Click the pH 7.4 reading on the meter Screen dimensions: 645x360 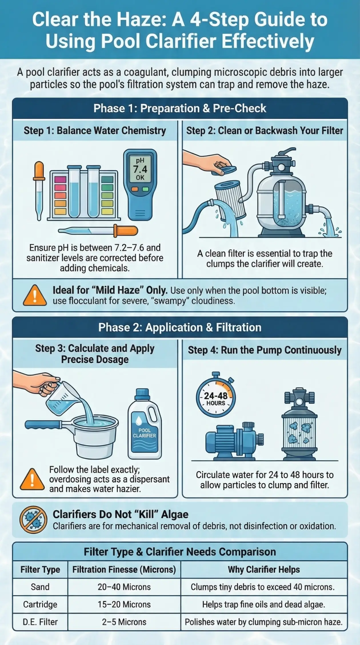pos(140,169)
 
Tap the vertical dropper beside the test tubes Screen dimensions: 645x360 pos(39,191)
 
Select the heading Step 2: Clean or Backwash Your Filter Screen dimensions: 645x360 pos(265,131)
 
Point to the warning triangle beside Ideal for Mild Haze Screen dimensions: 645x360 pos(35,296)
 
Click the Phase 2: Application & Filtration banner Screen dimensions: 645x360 pos(180,327)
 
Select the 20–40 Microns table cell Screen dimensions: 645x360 pos(124,587)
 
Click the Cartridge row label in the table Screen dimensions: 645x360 pos(40,604)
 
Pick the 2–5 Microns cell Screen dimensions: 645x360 pos(124,622)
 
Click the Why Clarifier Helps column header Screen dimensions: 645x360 pos(264,570)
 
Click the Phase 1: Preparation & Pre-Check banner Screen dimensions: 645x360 pos(180,109)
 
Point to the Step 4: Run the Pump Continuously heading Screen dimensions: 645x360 pos(265,350)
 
